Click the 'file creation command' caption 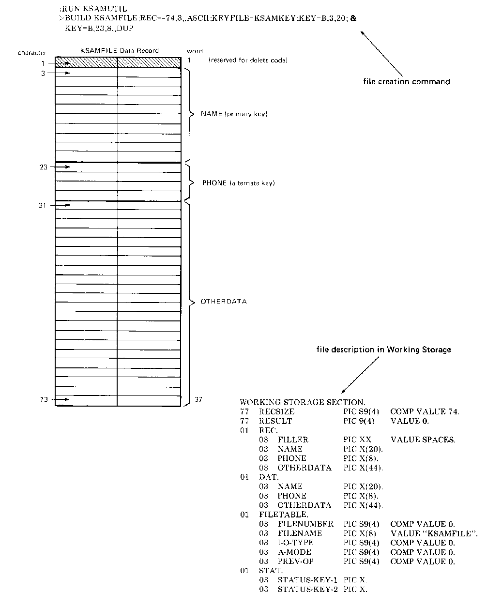[x=406, y=82]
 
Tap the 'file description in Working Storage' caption [x=383, y=349]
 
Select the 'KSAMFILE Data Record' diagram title [x=119, y=50]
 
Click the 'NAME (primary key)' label [x=234, y=114]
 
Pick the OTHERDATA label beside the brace [x=223, y=302]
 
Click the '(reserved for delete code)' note [x=248, y=61]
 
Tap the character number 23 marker [x=44, y=167]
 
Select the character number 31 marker [x=44, y=205]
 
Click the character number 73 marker [x=44, y=400]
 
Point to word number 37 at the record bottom [x=198, y=400]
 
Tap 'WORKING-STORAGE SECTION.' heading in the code [x=303, y=402]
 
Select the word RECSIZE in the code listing [x=276, y=412]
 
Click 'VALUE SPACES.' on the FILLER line [x=423, y=440]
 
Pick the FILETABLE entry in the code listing [x=283, y=515]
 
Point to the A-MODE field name [x=294, y=552]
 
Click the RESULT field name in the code [x=275, y=421]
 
